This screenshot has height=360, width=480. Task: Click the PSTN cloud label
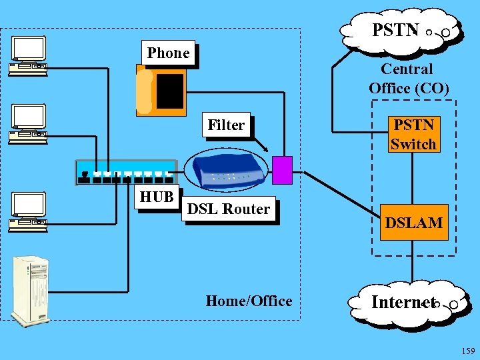coord(395,30)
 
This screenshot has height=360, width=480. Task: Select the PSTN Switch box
coord(413,134)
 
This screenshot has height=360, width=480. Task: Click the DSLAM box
coord(413,223)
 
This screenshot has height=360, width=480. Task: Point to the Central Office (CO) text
coord(408,78)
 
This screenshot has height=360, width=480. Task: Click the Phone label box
coord(169,53)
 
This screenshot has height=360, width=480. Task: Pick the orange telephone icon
coord(161,91)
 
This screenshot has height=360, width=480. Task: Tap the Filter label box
coord(226,125)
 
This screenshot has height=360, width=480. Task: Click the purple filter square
coord(283,170)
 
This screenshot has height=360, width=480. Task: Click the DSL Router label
coord(229,209)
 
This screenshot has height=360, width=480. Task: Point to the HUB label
coord(157,197)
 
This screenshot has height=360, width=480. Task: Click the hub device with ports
coord(126,171)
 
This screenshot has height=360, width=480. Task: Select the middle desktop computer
coord(28,124)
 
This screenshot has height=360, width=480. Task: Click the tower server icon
coord(31,291)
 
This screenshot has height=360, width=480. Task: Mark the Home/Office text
coord(249,301)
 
